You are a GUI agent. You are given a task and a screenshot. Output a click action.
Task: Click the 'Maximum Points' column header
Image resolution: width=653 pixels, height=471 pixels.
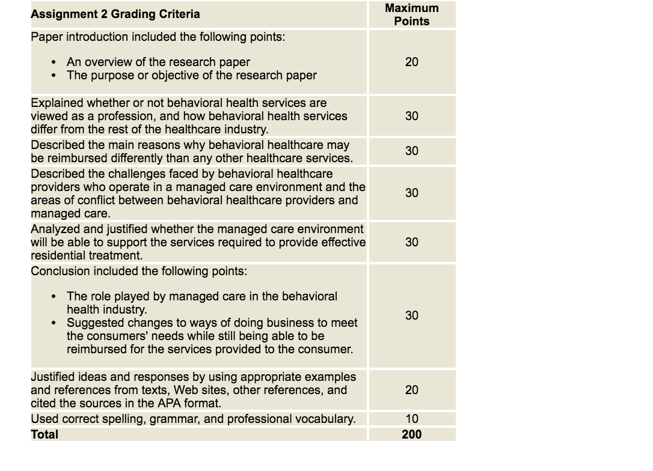coord(412,14)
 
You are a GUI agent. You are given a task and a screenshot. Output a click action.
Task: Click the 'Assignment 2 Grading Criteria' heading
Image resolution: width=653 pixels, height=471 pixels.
coord(115,14)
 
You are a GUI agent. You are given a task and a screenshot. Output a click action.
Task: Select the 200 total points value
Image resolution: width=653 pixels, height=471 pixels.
coord(412,434)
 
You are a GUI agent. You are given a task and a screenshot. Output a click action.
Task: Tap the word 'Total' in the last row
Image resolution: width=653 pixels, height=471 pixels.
coord(44,434)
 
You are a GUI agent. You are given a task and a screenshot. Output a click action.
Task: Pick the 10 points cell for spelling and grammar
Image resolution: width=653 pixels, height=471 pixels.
coord(412,419)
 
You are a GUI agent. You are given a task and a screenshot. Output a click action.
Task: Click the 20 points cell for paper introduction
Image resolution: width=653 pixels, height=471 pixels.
coord(412,62)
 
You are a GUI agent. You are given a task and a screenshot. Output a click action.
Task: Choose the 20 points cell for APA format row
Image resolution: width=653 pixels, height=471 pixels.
coord(412,390)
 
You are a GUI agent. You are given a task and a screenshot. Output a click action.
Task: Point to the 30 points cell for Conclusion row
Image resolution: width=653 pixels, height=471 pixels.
coord(412,315)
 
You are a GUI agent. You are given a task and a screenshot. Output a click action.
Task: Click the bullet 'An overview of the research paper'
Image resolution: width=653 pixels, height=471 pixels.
coord(158,62)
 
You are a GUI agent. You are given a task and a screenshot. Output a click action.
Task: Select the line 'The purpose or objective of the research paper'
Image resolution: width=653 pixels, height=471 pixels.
coord(191,75)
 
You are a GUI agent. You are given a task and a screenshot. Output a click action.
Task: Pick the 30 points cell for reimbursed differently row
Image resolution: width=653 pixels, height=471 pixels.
coord(412,151)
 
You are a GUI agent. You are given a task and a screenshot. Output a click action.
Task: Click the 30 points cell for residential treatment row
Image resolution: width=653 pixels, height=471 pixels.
coord(412,242)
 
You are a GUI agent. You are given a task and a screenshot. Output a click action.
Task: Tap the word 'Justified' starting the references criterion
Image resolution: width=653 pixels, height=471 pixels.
coord(52,377)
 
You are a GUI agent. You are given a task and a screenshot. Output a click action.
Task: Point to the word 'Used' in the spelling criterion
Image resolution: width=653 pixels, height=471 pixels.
coord(43,419)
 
